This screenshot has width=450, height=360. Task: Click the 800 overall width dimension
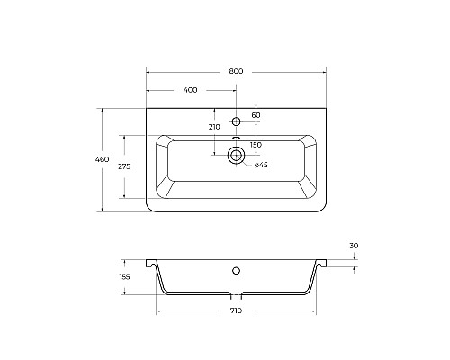236,71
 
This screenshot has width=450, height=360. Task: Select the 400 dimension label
190,90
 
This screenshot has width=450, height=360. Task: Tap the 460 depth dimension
102,159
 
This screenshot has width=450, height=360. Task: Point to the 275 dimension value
124,166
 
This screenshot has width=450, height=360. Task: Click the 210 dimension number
214,127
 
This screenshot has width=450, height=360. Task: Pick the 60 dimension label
256,115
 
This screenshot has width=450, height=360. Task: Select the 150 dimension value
256,145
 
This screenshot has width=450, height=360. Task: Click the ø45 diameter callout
261,165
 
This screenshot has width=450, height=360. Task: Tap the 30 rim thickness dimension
354,246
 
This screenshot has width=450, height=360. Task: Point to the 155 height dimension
124,276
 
